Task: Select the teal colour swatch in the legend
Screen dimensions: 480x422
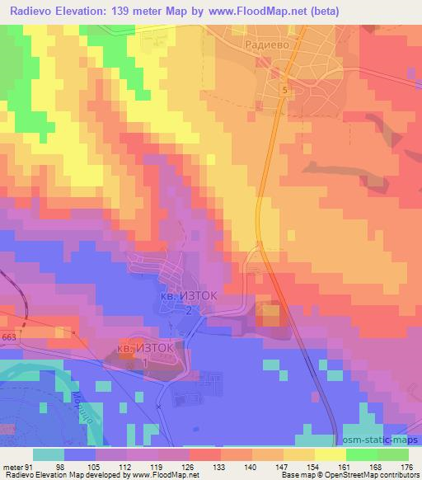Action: coord(49,454)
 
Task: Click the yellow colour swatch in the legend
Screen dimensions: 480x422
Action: coord(331,454)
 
